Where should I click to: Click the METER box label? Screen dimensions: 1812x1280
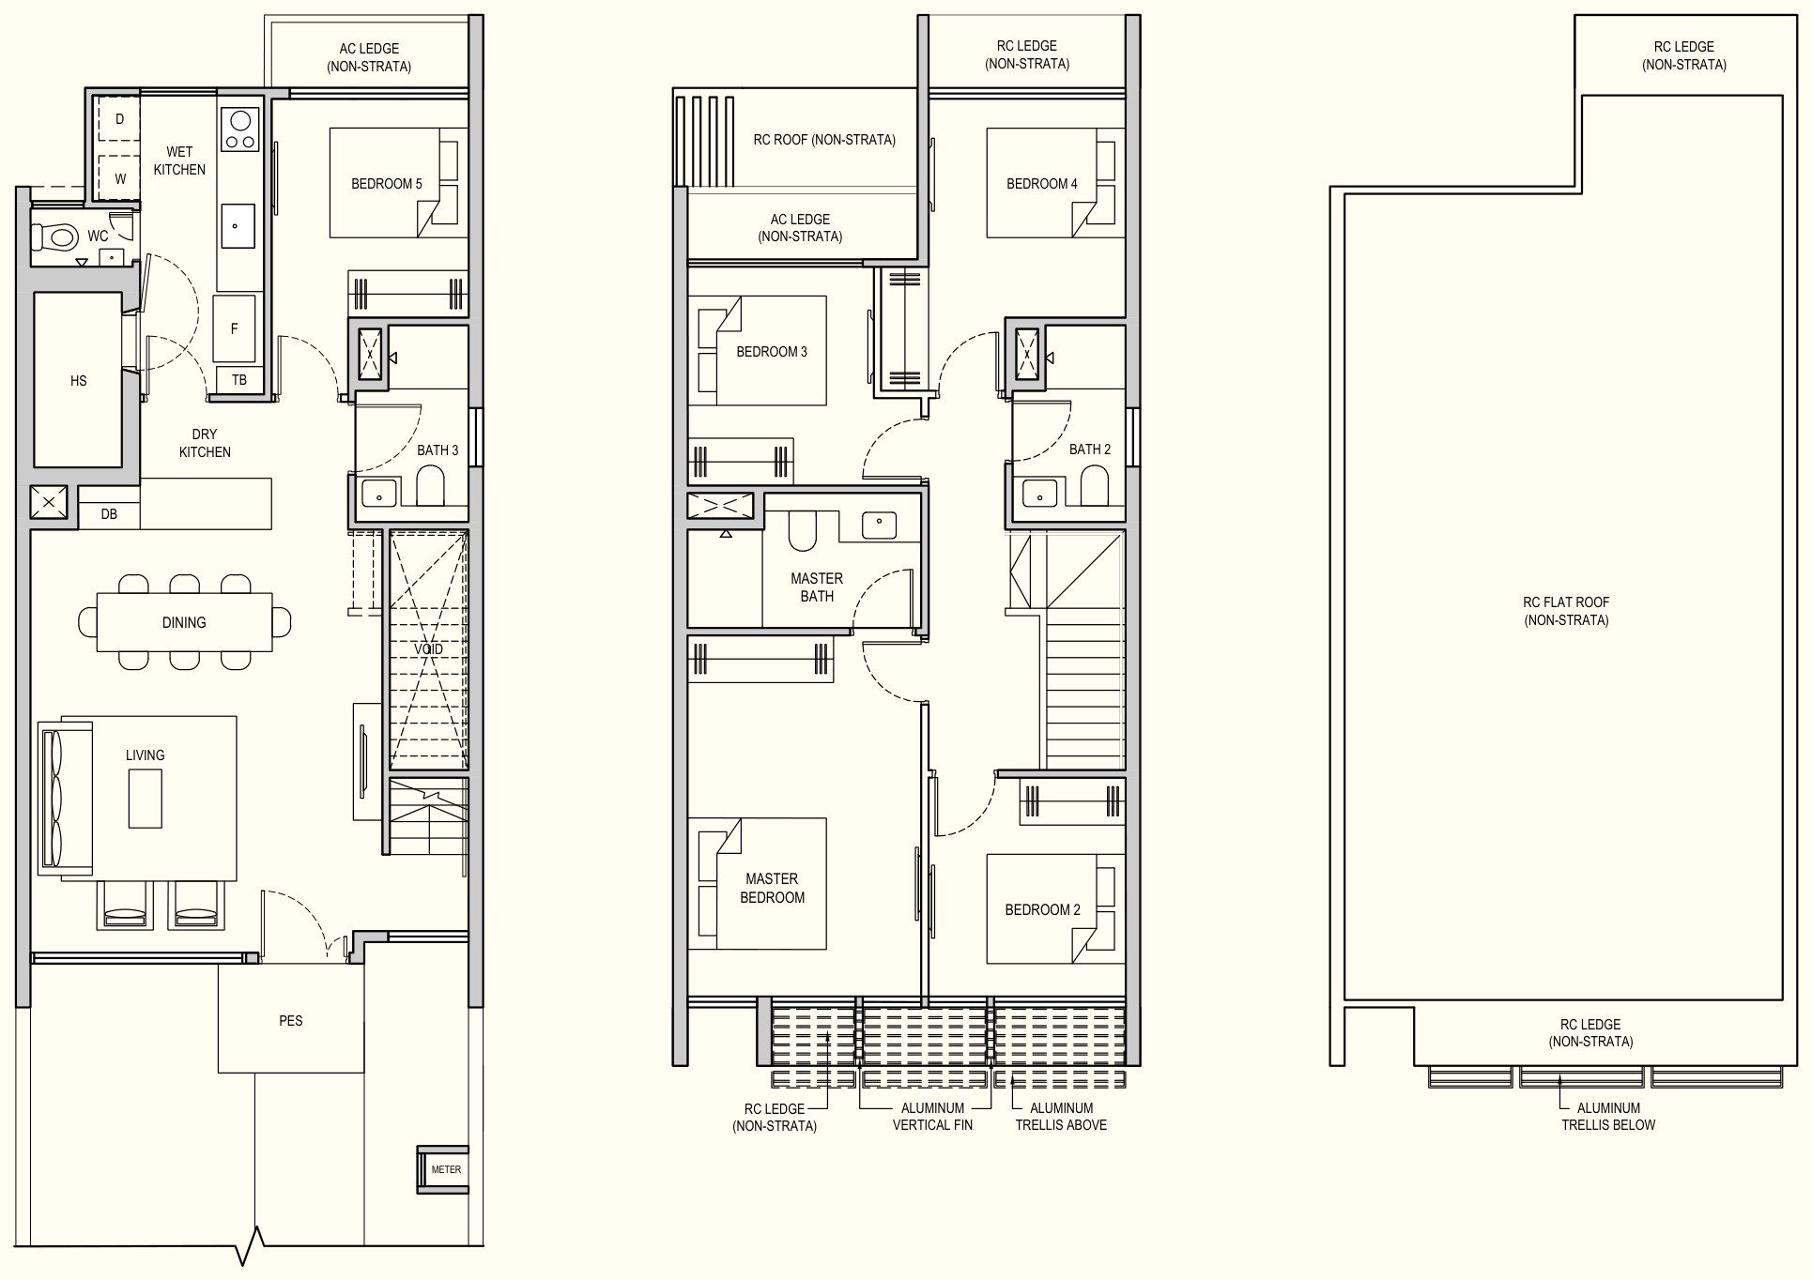pyautogui.click(x=446, y=1169)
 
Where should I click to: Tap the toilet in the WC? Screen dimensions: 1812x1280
pyautogui.click(x=56, y=236)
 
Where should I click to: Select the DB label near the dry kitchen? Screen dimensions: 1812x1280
pyautogui.click(x=109, y=514)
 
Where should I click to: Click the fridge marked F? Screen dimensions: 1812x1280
pyautogui.click(x=234, y=328)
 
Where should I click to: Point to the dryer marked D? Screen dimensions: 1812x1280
pyautogui.click(x=119, y=119)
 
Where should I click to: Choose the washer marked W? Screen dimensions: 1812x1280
pyautogui.click(x=119, y=177)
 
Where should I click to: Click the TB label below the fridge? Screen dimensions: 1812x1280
pyautogui.click(x=239, y=380)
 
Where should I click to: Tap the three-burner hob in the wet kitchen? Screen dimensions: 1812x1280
pyautogui.click(x=240, y=129)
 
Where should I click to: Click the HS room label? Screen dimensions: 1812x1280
pyautogui.click(x=78, y=381)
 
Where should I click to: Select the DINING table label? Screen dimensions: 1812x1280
pyautogui.click(x=184, y=622)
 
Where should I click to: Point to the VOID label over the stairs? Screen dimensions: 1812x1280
pyautogui.click(x=428, y=649)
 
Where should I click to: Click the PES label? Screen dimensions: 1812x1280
pyautogui.click(x=291, y=1020)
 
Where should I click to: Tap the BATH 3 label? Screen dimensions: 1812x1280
pyautogui.click(x=438, y=450)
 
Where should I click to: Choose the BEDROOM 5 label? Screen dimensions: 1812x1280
pyautogui.click(x=387, y=184)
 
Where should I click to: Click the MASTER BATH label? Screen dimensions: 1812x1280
pyautogui.click(x=817, y=587)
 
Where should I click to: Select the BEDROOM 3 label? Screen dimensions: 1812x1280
pyautogui.click(x=772, y=352)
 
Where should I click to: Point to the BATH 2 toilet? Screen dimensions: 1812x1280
pyautogui.click(x=1095, y=485)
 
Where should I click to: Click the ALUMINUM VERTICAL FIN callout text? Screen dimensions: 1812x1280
pyautogui.click(x=933, y=1117)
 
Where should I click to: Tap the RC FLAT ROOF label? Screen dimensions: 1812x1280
pyautogui.click(x=1566, y=611)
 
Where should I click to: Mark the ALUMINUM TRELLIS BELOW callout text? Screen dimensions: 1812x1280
pyautogui.click(x=1608, y=1117)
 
